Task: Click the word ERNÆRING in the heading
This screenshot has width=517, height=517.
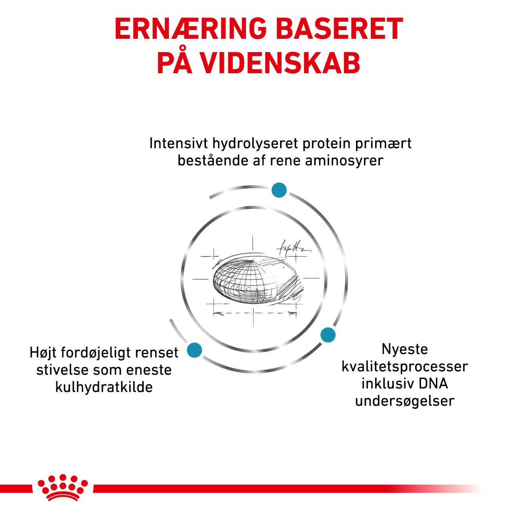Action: (x=191, y=29)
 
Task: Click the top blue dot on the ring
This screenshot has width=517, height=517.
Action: (x=279, y=190)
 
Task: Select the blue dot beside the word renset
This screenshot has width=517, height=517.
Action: (x=194, y=350)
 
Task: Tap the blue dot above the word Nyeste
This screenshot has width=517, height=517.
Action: (x=328, y=335)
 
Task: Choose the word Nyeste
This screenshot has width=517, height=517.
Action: (x=405, y=349)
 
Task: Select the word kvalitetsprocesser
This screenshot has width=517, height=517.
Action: (x=405, y=367)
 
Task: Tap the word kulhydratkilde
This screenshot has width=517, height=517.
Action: (x=104, y=387)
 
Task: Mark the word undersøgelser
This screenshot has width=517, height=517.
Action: (x=405, y=401)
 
